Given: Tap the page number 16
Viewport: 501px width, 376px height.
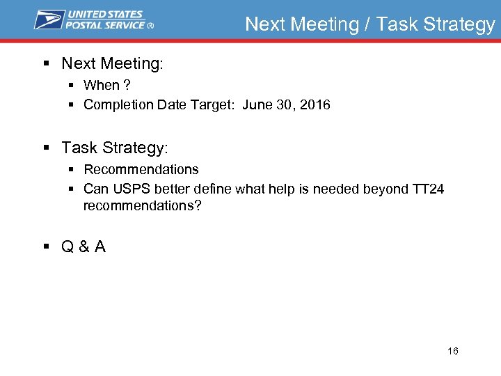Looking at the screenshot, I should pos(453,351).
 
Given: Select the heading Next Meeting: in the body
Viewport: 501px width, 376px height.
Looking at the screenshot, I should pos(112,63).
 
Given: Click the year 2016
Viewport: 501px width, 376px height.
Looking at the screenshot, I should pos(316,104).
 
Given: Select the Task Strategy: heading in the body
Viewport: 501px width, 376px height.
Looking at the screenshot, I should pos(115,148).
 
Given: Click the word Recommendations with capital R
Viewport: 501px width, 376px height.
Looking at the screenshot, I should pos(141,169).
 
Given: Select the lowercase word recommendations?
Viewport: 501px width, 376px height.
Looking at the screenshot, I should pos(142,205).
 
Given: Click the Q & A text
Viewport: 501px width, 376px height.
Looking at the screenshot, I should pos(83,246).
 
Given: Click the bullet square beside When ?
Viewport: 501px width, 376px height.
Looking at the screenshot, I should pos(72,85).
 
